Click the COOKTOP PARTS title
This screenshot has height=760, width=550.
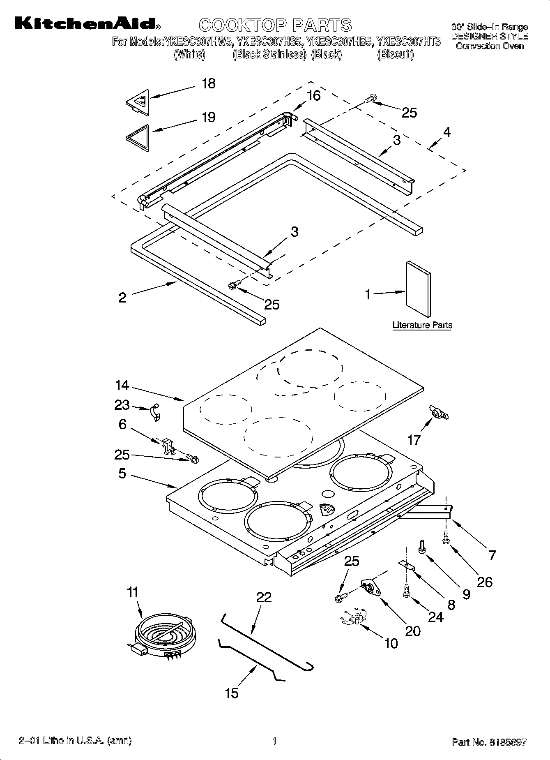(x=275, y=25)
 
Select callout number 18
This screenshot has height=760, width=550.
(x=209, y=84)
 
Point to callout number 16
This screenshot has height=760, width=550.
(x=313, y=96)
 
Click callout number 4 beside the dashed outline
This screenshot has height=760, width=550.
(x=446, y=132)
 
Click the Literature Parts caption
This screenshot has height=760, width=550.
(x=422, y=325)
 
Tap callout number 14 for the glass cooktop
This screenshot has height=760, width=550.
(x=122, y=386)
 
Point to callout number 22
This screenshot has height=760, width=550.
(x=264, y=597)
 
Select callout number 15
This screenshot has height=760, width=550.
(x=232, y=693)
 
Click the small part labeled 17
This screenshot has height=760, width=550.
(x=438, y=412)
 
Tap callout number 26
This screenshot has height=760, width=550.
(x=485, y=582)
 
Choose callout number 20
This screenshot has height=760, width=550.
(x=412, y=631)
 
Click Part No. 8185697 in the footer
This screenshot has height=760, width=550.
(x=489, y=742)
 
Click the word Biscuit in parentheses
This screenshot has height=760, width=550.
(x=395, y=55)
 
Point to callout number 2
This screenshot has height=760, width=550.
(x=122, y=298)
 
